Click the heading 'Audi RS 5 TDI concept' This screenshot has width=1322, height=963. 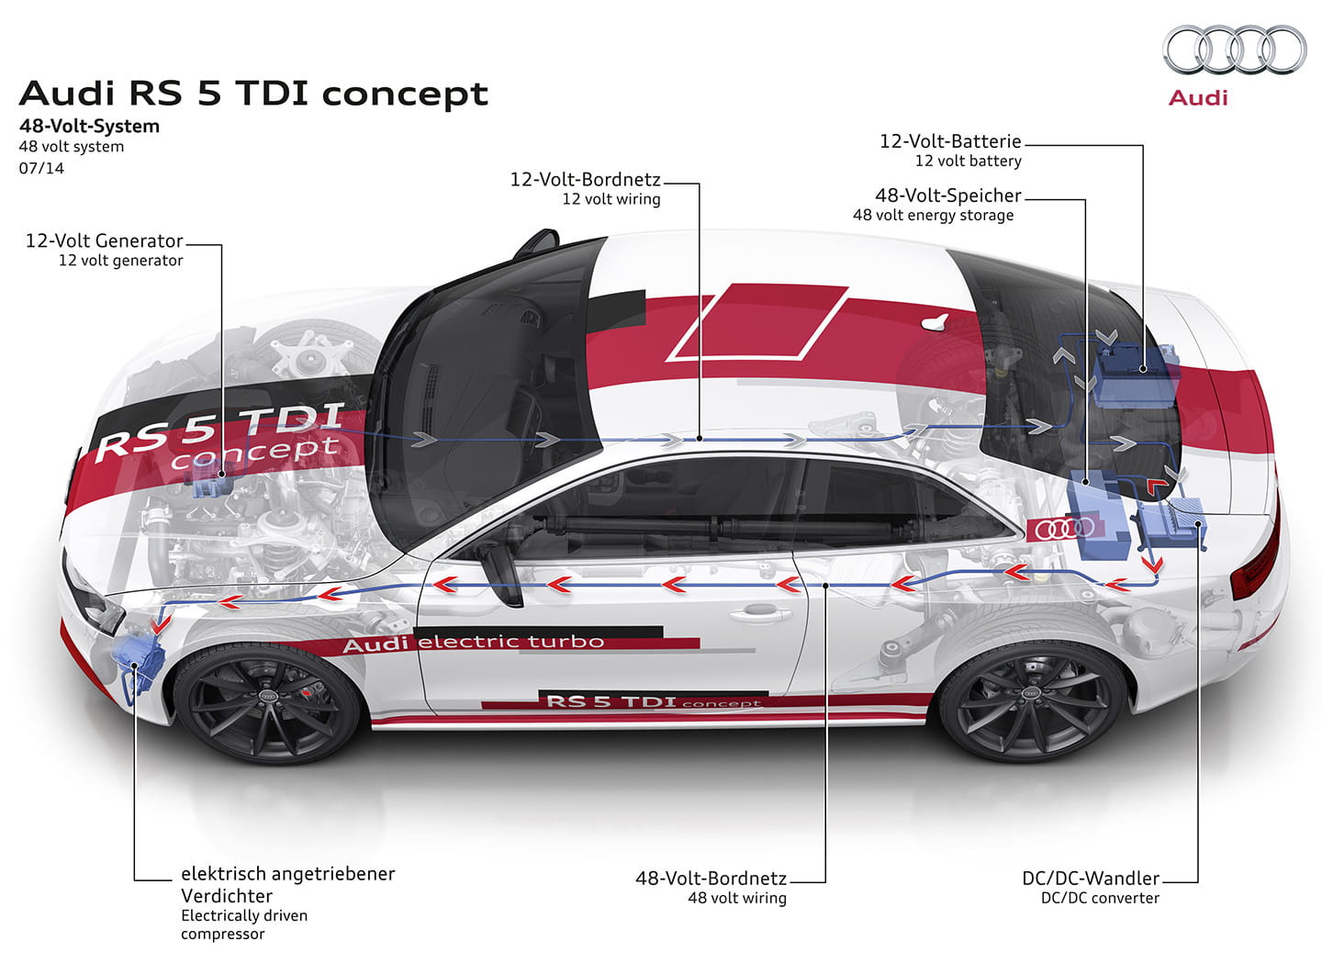pos(253,94)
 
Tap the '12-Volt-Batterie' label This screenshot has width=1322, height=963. pos(950,141)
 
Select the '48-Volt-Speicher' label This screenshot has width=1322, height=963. pos(947,196)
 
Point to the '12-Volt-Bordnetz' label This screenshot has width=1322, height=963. pos(585,179)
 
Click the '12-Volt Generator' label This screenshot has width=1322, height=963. pos(105,241)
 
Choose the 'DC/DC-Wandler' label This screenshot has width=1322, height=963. pos(1091,878)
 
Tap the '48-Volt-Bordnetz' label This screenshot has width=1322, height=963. pos(711,878)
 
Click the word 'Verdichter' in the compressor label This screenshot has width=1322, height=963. pos(227,896)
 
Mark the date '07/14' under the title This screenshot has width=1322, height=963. pos(41,168)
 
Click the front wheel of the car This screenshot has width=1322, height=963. pos(267,703)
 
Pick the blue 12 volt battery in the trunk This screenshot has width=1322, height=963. pos(1137,377)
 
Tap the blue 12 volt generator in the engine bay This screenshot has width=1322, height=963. pos(212,478)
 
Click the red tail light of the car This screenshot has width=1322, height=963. pos(1256,554)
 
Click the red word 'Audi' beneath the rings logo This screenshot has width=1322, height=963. pos(1198,98)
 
